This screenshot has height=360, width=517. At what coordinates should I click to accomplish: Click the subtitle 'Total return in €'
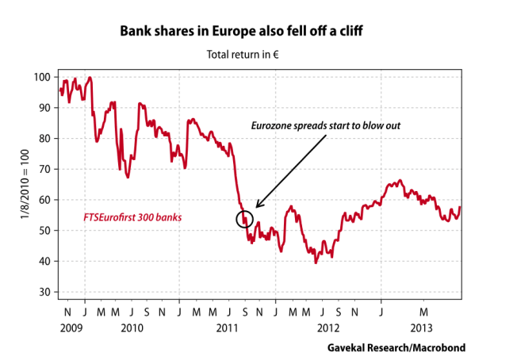point(247,55)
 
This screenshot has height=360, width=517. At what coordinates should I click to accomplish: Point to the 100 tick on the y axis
point(42,77)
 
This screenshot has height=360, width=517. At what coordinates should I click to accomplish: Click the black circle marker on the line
point(244,219)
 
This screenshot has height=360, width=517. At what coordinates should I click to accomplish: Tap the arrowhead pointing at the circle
point(258,206)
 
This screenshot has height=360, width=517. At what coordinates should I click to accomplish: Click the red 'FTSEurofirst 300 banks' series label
point(132,216)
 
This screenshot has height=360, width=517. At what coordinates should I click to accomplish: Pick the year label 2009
point(69,327)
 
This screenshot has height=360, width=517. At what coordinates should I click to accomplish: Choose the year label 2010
point(132,327)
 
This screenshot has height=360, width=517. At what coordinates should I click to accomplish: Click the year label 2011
point(228,327)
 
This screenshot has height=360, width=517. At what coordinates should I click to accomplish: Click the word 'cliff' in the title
point(369,32)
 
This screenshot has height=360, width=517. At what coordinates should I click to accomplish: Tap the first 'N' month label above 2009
point(68,312)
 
